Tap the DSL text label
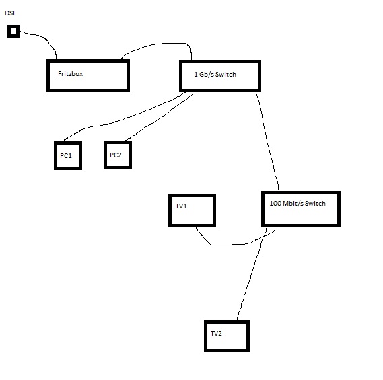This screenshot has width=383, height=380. pyautogui.click(x=11, y=13)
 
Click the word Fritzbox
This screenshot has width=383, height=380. pyautogui.click(x=71, y=74)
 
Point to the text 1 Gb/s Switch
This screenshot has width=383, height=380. pyautogui.click(x=215, y=75)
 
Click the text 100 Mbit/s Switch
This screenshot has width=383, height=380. pyautogui.click(x=298, y=204)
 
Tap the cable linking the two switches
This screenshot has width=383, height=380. pyautogui.click(x=267, y=141)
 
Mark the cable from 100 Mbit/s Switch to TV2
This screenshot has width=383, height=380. pyautogui.click(x=252, y=273)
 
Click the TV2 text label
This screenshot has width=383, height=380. pyautogui.click(x=216, y=334)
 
